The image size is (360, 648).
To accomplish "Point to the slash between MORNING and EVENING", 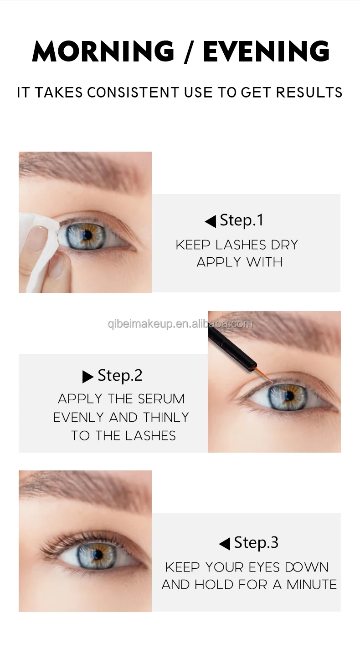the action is click(x=189, y=52).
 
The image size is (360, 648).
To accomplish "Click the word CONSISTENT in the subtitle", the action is click(x=133, y=92).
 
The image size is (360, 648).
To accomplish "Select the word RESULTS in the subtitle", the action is click(x=309, y=92).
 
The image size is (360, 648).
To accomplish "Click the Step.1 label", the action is click(x=242, y=221).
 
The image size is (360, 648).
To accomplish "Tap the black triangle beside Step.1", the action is click(x=211, y=222).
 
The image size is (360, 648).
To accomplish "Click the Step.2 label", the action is click(x=120, y=376).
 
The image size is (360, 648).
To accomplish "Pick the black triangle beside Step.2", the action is click(x=88, y=377).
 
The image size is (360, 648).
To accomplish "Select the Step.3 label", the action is click(x=256, y=542).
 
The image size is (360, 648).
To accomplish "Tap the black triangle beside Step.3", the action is click(x=225, y=544).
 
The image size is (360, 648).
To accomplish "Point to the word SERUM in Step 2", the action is click(x=161, y=399).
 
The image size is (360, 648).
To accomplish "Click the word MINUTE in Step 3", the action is click(x=312, y=585).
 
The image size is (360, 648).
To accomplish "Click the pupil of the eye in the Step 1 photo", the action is click(x=86, y=235).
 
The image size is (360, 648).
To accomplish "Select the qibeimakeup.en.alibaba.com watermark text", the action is click(x=180, y=324).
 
